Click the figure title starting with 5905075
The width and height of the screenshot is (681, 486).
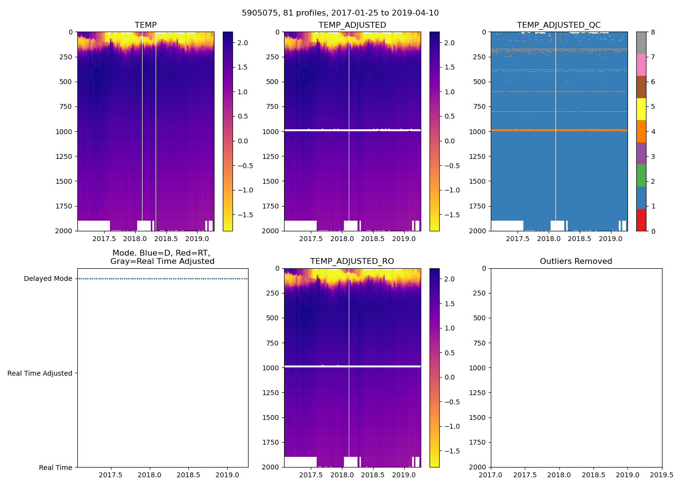coord(340,13)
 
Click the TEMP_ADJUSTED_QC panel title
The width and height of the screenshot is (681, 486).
coord(558,25)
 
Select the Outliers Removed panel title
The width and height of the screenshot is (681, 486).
coord(576,261)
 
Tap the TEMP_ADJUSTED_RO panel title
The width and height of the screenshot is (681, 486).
coord(352,261)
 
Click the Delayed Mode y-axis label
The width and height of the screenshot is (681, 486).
coord(48,279)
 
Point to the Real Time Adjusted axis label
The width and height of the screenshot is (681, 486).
coord(40,373)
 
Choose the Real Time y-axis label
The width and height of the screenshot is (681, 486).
coord(55,468)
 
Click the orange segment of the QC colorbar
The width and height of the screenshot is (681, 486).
coord(641,131)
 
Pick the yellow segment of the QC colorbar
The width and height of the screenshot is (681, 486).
coord(641,109)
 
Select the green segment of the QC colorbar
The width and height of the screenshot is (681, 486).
coord(641,175)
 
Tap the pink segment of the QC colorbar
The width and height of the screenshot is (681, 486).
coord(641,65)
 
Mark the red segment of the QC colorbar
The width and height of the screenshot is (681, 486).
coord(641,220)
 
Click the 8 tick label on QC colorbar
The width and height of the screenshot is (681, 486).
coord(653,33)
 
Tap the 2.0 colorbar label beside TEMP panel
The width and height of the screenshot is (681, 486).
coord(242,43)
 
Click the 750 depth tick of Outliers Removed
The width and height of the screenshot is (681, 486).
coord(480,343)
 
